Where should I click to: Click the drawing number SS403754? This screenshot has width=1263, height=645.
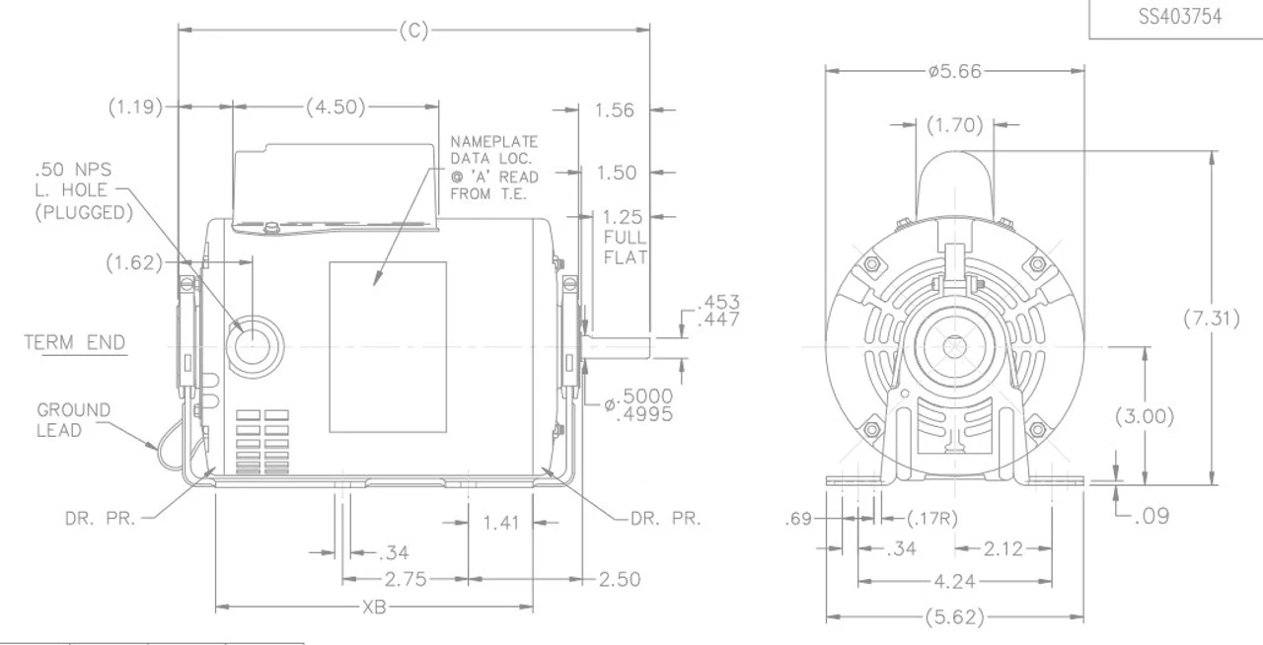[1180, 17]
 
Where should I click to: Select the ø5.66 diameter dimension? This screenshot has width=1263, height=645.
[954, 72]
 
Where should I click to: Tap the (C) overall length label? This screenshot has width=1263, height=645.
[413, 30]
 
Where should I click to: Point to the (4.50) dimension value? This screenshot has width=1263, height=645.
[335, 107]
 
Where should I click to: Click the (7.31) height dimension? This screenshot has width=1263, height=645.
[1211, 319]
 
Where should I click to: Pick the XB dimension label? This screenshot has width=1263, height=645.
[374, 608]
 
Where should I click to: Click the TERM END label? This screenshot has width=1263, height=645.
[74, 342]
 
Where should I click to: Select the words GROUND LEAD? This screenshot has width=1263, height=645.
[73, 419]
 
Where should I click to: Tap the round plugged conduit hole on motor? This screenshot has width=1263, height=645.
[253, 345]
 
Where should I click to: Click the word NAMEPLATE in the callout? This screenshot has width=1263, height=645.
[494, 141]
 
